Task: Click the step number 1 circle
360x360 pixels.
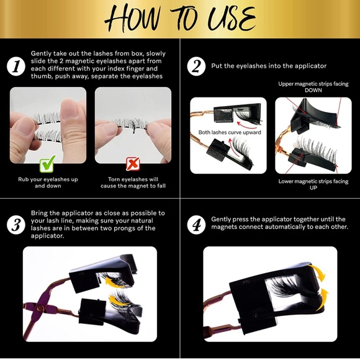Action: [16, 66]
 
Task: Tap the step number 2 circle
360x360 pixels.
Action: [196, 66]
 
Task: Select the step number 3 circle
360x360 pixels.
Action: [16, 225]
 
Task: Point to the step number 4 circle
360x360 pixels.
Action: [196, 225]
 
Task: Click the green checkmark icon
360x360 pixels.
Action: [48, 164]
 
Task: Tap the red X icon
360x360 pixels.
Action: [133, 164]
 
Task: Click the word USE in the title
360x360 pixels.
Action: [232, 19]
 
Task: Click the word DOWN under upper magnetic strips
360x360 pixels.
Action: [313, 90]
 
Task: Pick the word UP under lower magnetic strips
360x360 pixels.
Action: [313, 187]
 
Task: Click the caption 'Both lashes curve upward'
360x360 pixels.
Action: [230, 132]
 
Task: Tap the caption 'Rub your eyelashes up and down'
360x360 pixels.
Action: [48, 182]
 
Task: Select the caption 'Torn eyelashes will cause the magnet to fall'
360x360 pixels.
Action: [133, 182]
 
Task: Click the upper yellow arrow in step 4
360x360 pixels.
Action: [320, 274]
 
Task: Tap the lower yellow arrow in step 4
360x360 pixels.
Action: [322, 299]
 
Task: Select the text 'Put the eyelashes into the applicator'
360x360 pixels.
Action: [269, 66]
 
